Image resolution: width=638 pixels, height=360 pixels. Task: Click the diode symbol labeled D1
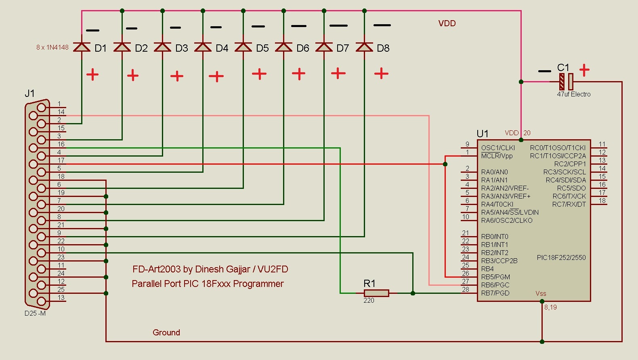82,47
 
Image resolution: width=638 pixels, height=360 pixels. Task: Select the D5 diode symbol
243,47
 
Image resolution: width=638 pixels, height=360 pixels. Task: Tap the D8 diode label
383,48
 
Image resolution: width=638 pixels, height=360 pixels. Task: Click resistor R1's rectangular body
376,293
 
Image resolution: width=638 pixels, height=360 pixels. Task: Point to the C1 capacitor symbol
566,82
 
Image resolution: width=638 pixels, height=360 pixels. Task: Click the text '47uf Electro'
574,94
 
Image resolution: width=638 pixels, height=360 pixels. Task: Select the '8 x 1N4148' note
52,48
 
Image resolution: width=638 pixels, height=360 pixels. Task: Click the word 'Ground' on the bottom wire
166,333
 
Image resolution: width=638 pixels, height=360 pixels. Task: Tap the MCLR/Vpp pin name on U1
497,156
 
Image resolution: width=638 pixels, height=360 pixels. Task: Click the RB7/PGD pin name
495,293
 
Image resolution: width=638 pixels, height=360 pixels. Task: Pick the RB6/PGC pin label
495,285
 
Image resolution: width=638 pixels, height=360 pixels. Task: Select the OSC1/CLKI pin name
498,148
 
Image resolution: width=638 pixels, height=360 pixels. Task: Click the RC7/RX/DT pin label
569,204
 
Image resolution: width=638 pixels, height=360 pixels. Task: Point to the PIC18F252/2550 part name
561,257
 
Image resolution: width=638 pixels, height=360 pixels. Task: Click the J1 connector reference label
29,93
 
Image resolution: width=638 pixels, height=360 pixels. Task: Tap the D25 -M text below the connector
35,313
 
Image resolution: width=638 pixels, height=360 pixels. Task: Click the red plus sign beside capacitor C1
584,70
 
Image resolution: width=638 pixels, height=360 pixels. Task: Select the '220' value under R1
369,301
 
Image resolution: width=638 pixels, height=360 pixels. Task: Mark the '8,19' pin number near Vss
550,308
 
